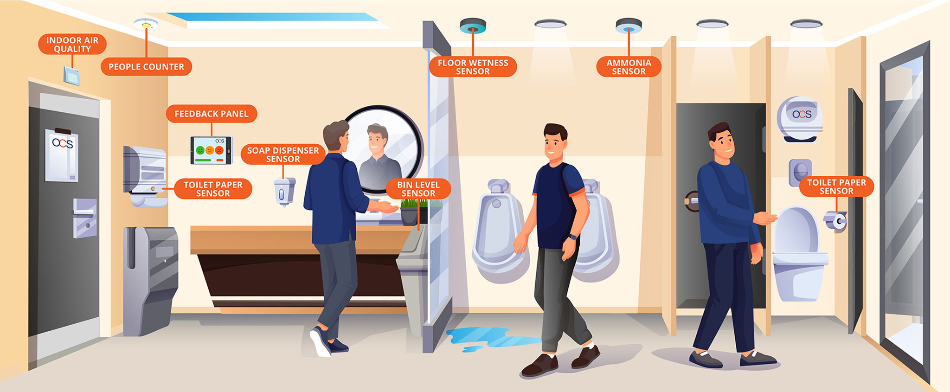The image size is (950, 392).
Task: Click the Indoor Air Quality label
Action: tap(72, 45)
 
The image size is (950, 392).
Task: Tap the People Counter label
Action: tap(146, 67)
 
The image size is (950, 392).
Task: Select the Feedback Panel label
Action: tap(212, 114)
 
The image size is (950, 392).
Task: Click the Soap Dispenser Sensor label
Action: tap(283, 154)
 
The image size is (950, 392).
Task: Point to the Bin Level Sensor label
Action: tap(418, 189)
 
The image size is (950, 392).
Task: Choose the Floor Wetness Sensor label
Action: tap(473, 67)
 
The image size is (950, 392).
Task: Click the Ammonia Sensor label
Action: tap(629, 67)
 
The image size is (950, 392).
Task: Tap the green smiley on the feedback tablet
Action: tap(200, 150)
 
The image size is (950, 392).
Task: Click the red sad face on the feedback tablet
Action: tap(219, 150)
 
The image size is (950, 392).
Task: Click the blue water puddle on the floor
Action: tap(487, 339)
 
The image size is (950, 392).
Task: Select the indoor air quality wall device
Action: tap(71, 76)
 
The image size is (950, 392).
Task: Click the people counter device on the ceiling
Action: tap(146, 24)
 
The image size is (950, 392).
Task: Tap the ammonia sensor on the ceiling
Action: tap(629, 26)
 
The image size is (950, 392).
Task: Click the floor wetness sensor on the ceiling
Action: tap(473, 26)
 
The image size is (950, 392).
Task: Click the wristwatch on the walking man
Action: tap(573, 237)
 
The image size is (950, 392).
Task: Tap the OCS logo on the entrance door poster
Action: tap(63, 143)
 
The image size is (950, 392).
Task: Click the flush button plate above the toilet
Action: tap(800, 173)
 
